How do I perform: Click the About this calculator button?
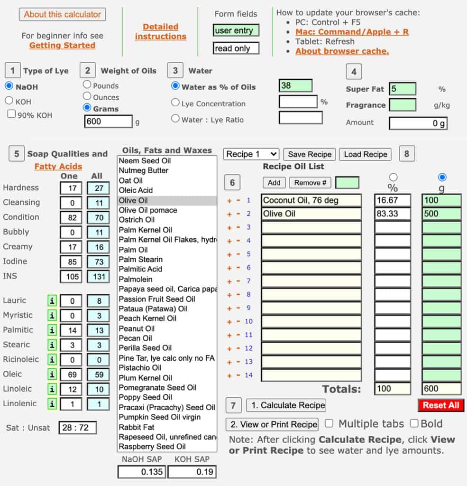(x=63, y=15)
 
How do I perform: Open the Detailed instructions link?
(x=160, y=31)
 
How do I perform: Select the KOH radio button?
(x=9, y=101)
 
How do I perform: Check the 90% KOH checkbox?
(x=11, y=114)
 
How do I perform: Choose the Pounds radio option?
(x=87, y=85)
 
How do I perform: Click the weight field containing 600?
(x=108, y=121)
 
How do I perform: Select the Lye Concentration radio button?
(x=175, y=103)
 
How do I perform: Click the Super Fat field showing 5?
(x=402, y=89)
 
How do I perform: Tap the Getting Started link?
(x=62, y=46)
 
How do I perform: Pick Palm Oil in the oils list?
(x=133, y=250)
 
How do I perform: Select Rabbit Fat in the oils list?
(x=137, y=427)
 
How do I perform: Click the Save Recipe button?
(x=310, y=154)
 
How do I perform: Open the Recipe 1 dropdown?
(x=251, y=154)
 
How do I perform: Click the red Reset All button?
(x=441, y=405)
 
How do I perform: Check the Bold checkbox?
(x=414, y=423)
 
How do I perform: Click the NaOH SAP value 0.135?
(x=141, y=472)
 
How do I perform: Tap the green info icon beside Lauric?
(x=52, y=300)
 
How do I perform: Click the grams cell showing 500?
(x=441, y=214)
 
